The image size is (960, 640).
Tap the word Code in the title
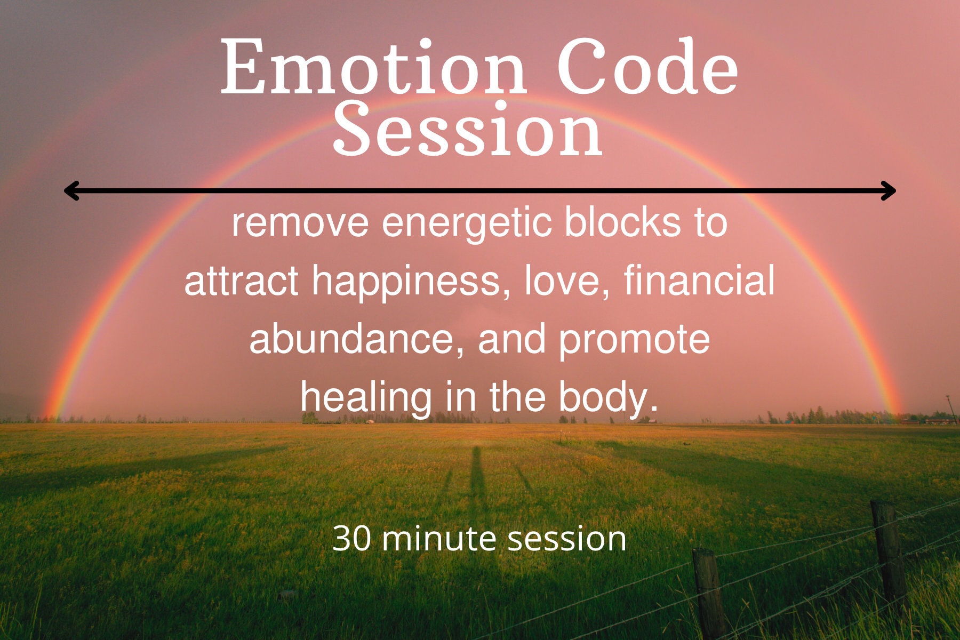point(646,68)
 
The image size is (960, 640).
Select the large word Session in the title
point(468,131)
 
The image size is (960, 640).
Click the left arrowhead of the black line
point(71,190)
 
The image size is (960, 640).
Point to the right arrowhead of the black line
point(889,190)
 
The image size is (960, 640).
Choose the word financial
point(699,281)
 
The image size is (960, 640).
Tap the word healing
point(366,398)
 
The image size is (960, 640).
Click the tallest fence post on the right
point(889,555)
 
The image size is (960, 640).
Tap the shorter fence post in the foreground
point(708,592)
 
